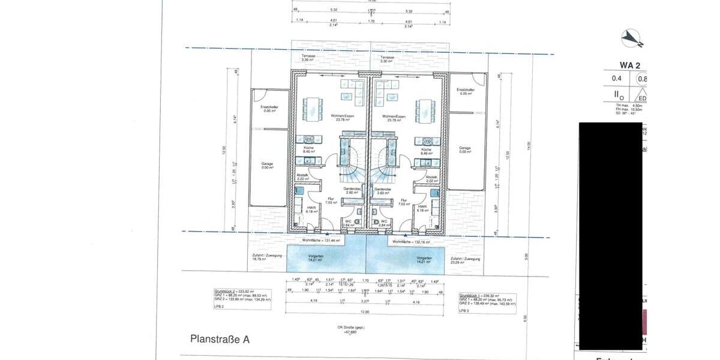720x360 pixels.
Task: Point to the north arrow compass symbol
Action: (631, 38)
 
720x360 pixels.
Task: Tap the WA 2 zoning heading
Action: (631, 65)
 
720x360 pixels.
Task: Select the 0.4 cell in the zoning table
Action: (616, 78)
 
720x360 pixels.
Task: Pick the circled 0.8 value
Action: (641, 78)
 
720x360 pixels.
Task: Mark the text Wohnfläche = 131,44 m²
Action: (321, 239)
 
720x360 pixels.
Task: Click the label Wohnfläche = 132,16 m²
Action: (411, 242)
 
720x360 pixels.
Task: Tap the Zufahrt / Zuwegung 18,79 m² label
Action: (264, 257)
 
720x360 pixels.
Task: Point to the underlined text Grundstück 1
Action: (470, 296)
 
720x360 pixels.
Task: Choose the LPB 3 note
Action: (464, 311)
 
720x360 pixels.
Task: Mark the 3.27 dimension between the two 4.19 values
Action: (364, 302)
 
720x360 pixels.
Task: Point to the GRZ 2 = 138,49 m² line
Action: (487, 304)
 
